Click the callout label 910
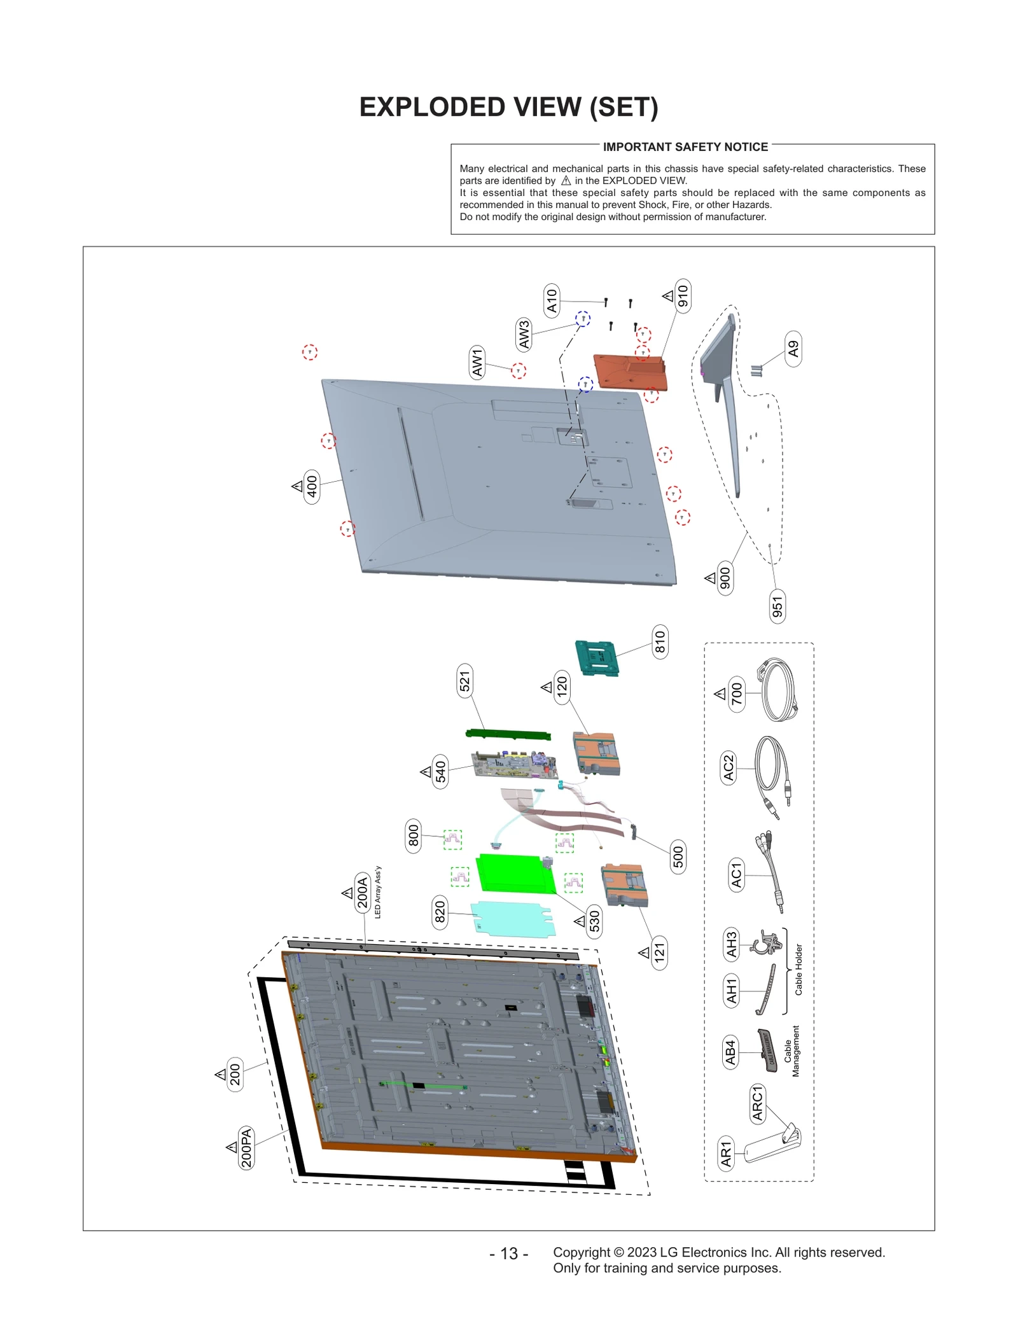coord(683,296)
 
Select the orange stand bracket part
coord(630,373)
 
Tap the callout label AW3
coord(524,335)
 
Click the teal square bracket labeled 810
coord(597,658)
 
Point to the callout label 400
coord(312,487)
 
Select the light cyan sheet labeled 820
coord(513,918)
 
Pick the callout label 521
coord(465,681)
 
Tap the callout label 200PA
coord(246,1147)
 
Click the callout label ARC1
coord(758,1103)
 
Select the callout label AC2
coord(729,768)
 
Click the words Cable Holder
coord(798,970)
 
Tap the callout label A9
coord(793,349)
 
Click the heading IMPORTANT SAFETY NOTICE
coord(685,147)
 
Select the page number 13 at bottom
coord(508,1253)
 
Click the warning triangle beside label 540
coord(426,772)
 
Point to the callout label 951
coord(777,606)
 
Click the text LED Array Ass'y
coord(378,892)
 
